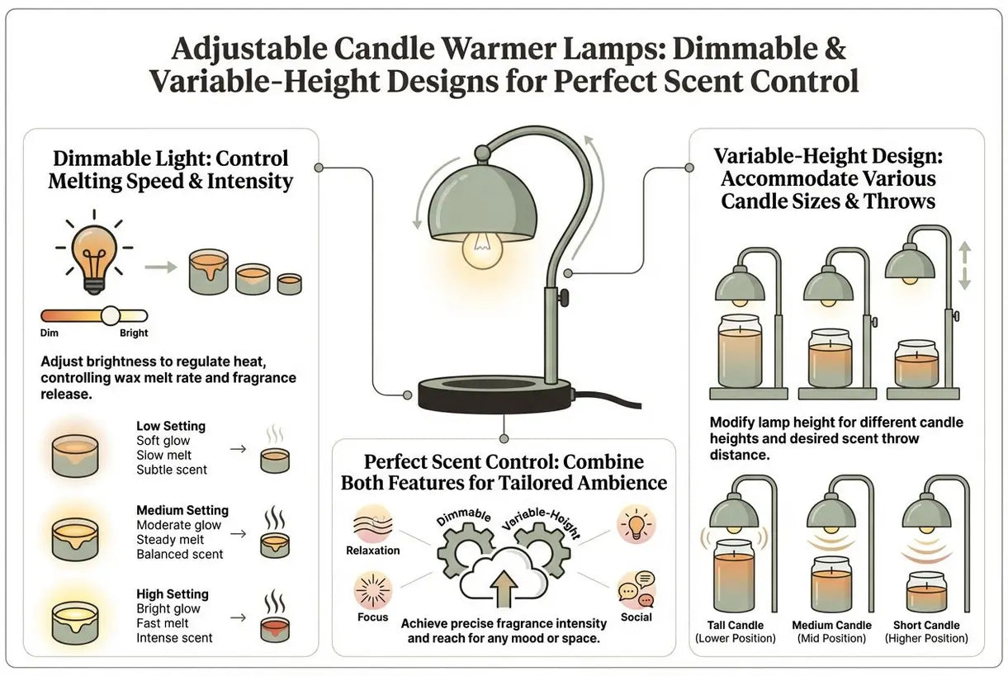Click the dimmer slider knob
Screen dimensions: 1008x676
click(111, 316)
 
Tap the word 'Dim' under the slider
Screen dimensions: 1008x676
click(50, 333)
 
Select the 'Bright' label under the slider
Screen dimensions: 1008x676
click(134, 333)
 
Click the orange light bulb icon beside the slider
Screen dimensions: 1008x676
click(94, 253)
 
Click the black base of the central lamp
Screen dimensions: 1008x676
click(495, 395)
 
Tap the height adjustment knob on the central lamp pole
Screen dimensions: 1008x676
click(563, 297)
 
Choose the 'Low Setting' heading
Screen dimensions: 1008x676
click(171, 426)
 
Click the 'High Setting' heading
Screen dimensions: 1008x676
click(173, 594)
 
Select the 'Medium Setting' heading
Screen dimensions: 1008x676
click(182, 510)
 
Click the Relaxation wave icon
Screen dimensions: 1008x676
click(373, 524)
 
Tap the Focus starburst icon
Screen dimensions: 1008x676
click(373, 591)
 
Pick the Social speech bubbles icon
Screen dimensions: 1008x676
click(637, 589)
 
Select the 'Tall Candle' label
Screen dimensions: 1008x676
click(736, 625)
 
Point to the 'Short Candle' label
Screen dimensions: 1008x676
click(926, 625)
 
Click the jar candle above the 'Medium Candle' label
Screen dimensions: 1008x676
click(831, 584)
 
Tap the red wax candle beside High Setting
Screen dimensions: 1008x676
click(275, 629)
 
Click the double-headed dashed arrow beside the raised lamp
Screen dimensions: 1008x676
click(964, 265)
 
